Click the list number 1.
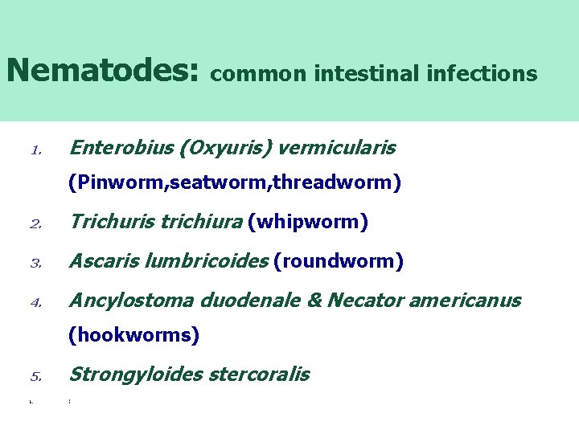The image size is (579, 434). [x=35, y=150]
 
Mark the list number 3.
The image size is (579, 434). [x=35, y=264]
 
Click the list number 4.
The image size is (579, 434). [x=35, y=304]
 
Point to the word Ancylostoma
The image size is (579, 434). [x=132, y=301]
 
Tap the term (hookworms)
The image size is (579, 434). [x=133, y=335]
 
